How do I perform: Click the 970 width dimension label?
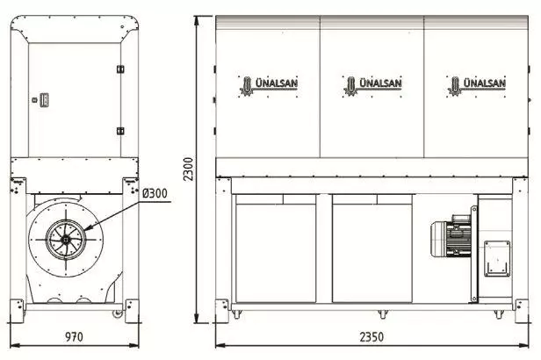74,336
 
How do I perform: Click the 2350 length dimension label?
371,337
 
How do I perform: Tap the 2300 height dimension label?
188,169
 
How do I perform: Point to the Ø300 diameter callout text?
155,193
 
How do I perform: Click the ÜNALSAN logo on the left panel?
269,86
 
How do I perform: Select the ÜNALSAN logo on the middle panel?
372,86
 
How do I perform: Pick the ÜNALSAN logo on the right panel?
476,86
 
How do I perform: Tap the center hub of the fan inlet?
66,240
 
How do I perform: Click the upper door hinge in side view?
120,69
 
